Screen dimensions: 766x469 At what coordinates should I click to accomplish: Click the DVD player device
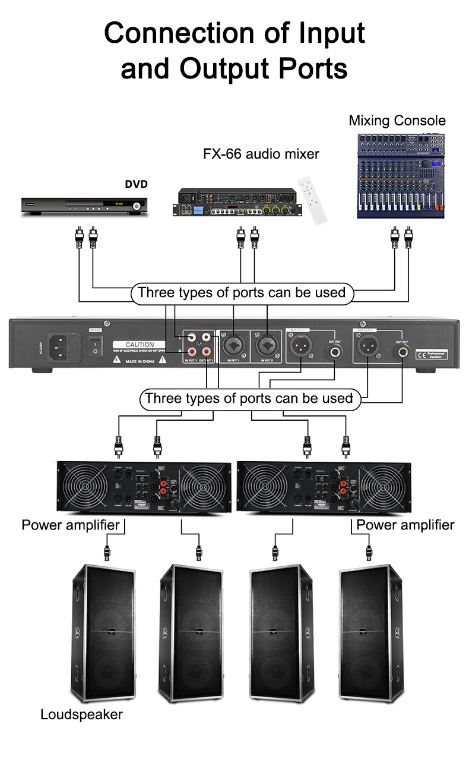83,205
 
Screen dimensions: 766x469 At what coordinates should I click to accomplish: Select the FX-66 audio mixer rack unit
238,203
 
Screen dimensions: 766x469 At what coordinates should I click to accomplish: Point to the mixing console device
401,175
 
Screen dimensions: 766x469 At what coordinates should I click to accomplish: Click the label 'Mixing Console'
397,121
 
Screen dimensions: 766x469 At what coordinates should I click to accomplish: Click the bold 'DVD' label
136,184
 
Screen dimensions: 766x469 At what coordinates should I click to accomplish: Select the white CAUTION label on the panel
140,345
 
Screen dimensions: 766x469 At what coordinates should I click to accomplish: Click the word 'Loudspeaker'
81,714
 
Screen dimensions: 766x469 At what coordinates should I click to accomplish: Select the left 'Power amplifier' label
71,525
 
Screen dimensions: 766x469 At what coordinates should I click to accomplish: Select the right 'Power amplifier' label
405,525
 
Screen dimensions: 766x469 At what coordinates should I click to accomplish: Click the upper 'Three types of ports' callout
241,292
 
